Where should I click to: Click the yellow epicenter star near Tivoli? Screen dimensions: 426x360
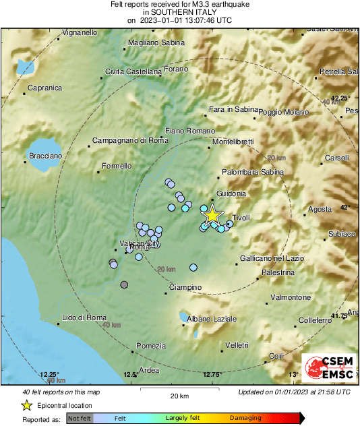212,215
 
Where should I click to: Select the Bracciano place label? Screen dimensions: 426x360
45,156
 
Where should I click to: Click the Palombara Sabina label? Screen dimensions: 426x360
253,173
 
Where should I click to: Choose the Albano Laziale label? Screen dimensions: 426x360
212,318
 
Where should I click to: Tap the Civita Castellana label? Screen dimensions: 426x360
133,72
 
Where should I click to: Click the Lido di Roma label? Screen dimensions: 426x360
84,317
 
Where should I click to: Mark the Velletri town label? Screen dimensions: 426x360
237,345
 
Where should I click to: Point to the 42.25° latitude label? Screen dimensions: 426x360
340,96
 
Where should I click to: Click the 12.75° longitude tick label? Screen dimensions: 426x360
212,375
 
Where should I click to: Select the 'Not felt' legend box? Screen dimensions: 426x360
80,418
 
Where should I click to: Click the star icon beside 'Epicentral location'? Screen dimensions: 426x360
27,405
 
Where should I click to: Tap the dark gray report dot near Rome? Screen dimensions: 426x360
124,285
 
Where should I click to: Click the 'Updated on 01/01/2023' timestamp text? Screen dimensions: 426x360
294,392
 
